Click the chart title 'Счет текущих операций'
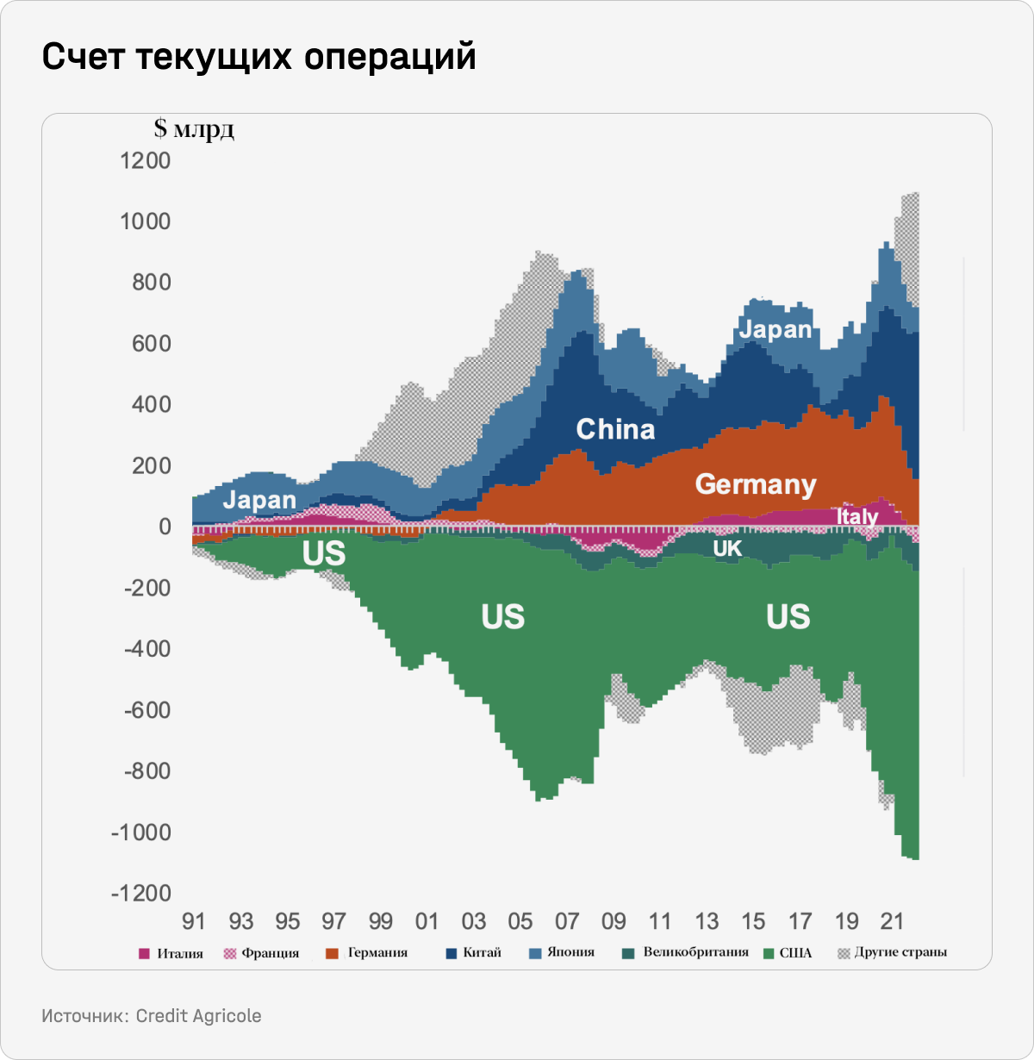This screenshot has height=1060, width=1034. pos(258,57)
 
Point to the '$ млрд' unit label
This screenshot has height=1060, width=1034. pos(194,129)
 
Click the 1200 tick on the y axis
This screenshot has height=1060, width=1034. pos(146,161)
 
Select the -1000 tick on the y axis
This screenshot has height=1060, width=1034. pos(140,832)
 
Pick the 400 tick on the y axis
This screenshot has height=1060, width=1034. pos(151,405)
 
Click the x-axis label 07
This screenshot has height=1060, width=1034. pos(567,921)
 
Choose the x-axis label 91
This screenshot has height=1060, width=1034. pos(194,921)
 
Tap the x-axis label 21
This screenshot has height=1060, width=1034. pos(893,921)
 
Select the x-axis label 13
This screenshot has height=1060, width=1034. pos(707,921)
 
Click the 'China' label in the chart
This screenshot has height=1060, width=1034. pos(615,429)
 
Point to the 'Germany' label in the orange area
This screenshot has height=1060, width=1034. pos(756,484)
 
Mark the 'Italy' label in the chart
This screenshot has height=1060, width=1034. pos(856,516)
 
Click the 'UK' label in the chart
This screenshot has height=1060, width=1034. pos(727,549)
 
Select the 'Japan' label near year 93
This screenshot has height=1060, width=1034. pos(259,500)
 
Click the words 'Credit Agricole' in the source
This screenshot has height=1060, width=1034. pos(198,1016)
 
